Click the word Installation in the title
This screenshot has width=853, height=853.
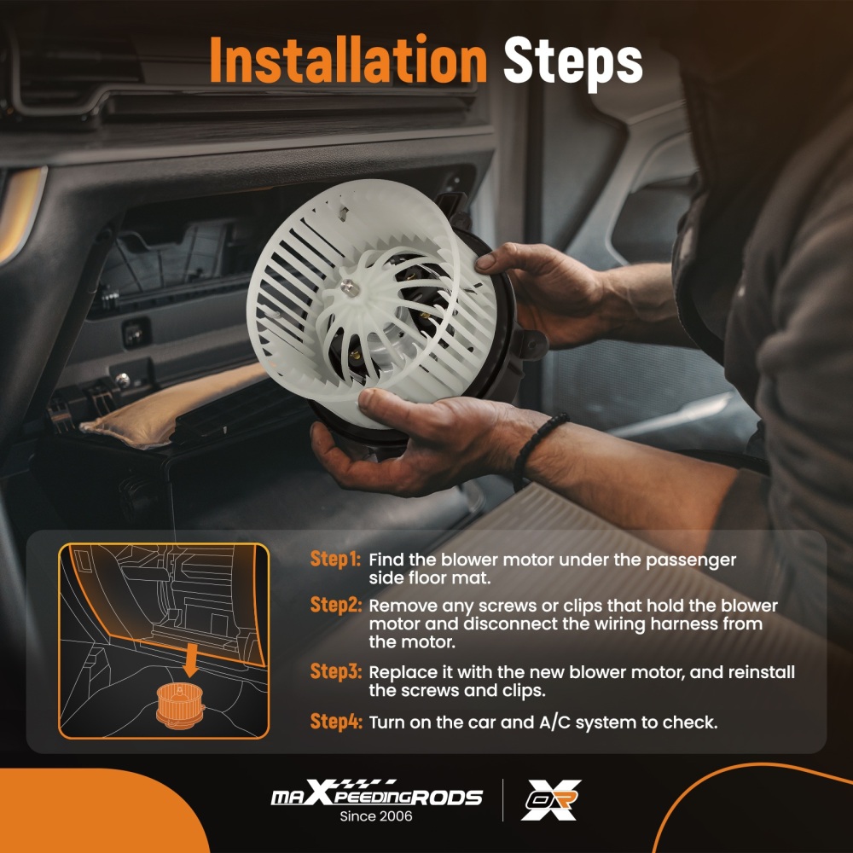(348, 60)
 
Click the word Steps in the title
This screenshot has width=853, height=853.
(573, 61)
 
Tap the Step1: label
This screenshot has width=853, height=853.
(335, 559)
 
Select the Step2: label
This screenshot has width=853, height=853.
(335, 605)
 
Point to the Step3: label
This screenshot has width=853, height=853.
(335, 671)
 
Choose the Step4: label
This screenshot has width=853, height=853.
(335, 722)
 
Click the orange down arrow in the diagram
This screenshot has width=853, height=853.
(190, 659)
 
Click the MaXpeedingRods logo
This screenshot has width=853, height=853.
(376, 792)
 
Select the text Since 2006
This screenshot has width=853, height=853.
(376, 816)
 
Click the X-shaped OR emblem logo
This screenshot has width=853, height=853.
(550, 799)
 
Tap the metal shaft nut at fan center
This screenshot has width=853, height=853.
(348, 287)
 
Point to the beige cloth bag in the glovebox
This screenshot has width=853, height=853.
(174, 403)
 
